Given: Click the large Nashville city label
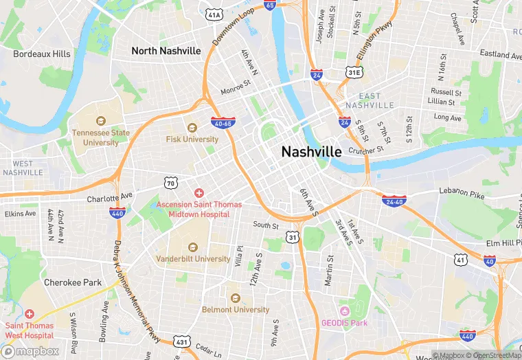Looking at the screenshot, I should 311,152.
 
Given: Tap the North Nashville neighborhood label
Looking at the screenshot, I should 166,51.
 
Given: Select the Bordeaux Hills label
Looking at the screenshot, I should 41,54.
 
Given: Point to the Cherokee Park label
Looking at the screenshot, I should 73,282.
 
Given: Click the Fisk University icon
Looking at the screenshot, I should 192,126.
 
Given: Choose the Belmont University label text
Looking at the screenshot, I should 236,310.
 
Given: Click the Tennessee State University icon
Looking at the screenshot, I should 101,120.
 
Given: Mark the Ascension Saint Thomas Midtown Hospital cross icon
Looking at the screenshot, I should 199,193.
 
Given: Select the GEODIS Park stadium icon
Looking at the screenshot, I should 344,310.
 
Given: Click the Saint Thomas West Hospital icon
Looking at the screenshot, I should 29,313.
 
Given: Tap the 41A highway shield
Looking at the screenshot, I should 214,14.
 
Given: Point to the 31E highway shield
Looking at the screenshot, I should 354,71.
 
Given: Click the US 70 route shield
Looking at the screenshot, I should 171,182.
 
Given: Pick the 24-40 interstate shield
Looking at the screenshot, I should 394,200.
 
